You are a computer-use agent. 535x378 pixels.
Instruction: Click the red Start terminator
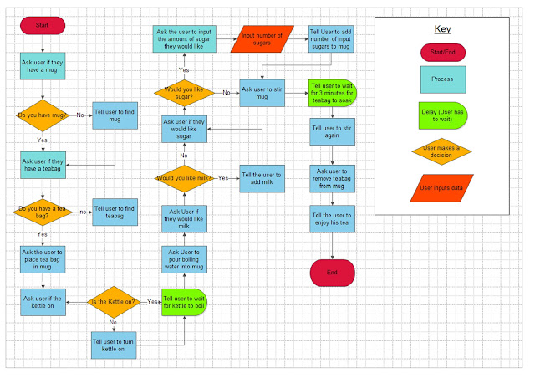[x=42, y=25]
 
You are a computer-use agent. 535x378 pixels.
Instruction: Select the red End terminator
[x=333, y=272]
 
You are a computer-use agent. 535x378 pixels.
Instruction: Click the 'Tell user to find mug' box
[x=115, y=115]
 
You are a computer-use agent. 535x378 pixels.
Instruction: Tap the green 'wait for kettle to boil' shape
[x=185, y=301]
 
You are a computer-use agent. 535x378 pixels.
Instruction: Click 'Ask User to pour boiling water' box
[x=185, y=258]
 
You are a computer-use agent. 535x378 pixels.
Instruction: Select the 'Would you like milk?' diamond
[x=185, y=177]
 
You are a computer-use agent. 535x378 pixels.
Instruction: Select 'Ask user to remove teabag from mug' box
[x=333, y=176]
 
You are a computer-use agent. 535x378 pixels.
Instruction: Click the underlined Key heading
[x=442, y=29]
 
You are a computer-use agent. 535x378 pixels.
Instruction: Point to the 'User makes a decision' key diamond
[x=442, y=151]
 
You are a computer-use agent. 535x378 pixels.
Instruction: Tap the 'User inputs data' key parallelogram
[x=442, y=189]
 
